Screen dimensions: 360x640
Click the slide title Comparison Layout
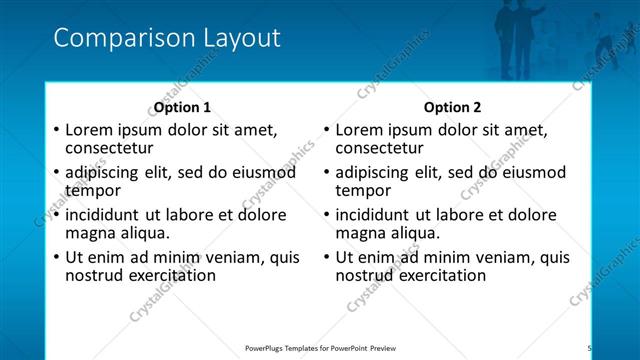(x=166, y=39)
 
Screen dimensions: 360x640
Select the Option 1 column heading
(x=182, y=107)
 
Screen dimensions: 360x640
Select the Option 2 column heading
(x=452, y=107)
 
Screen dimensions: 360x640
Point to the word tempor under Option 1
(x=93, y=191)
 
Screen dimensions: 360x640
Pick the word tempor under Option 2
(x=363, y=191)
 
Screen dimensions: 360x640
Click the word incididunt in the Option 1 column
(x=103, y=214)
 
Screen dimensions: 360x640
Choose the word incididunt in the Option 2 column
(x=373, y=214)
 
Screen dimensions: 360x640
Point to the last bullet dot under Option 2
(x=326, y=257)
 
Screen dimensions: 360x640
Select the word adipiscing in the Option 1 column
(x=104, y=172)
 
